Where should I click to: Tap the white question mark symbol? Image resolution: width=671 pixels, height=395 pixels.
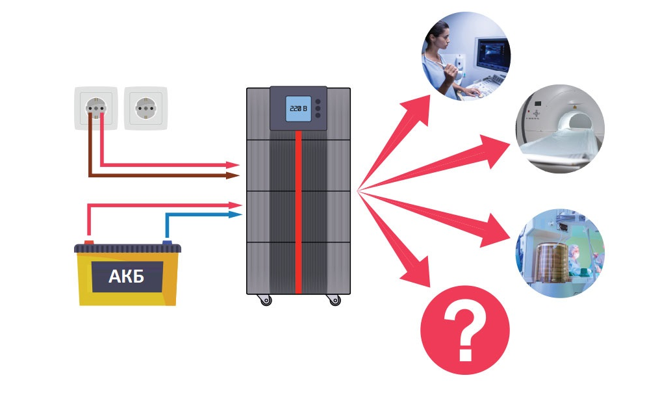(x=465, y=331)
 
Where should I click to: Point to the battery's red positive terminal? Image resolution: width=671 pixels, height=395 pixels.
(x=89, y=243)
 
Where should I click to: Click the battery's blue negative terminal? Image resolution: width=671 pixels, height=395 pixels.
(x=168, y=243)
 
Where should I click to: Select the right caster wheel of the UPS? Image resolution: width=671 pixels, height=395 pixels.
(x=334, y=300)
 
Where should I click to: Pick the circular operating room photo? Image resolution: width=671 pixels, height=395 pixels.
(x=560, y=253)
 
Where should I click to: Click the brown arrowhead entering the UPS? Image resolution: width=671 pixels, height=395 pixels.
(x=234, y=175)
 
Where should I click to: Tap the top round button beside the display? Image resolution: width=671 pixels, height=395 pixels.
(x=318, y=101)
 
